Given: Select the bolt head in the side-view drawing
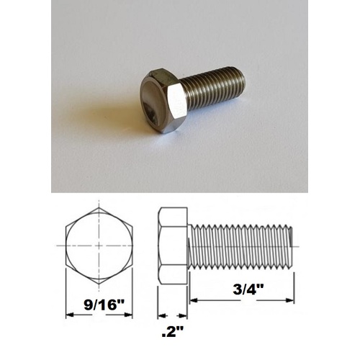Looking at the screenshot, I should (x=173, y=244).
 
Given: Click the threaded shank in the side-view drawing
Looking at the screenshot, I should (x=241, y=244).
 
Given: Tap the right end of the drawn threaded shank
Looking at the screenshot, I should (x=293, y=244).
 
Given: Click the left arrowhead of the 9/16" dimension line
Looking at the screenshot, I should (x=68, y=315).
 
